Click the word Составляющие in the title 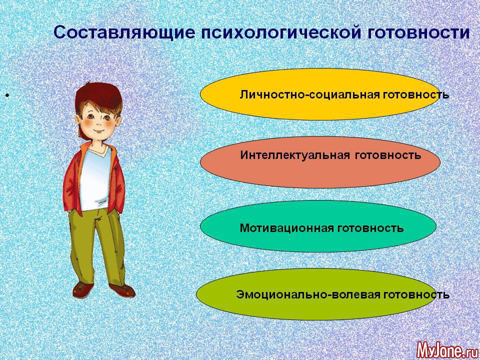[x=124, y=33]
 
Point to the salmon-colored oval [x=320, y=162]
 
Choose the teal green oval [x=318, y=226]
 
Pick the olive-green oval [x=315, y=294]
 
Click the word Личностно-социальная [x=310, y=94]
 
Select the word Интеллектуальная [x=295, y=155]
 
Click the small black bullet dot [x=6, y=96]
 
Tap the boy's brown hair [x=98, y=95]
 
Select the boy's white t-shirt [x=95, y=179]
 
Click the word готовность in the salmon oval [x=388, y=155]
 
